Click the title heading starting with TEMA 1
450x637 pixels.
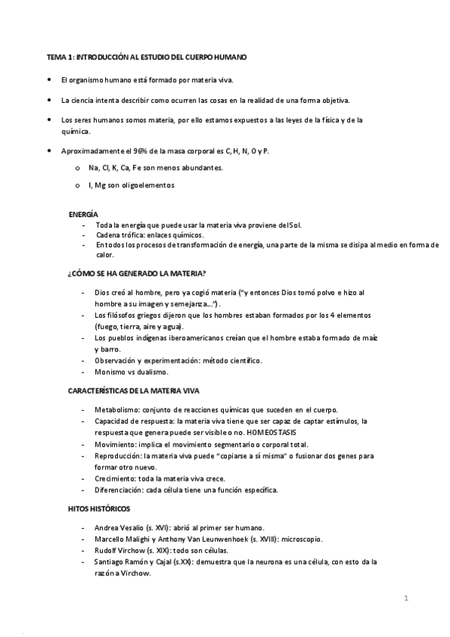[x=146, y=57]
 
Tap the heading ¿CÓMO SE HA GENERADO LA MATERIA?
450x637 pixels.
[x=137, y=273]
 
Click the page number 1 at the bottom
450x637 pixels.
[x=406, y=598]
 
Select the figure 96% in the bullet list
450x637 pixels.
[x=140, y=151]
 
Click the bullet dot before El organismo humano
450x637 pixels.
[x=50, y=79]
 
